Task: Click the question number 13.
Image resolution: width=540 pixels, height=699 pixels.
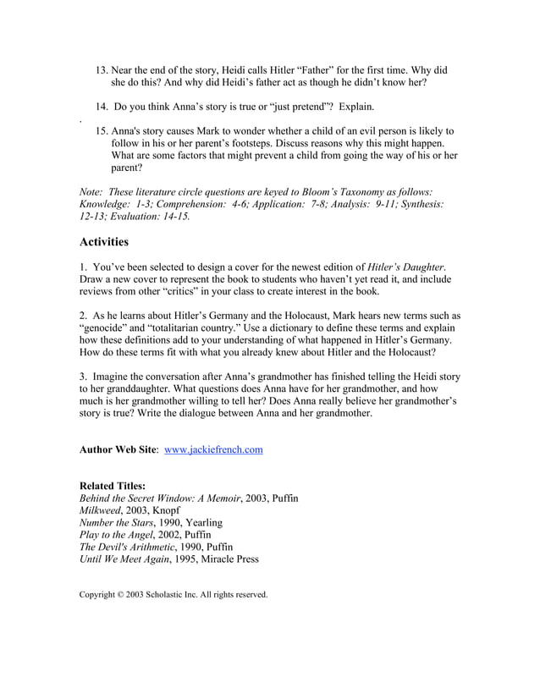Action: tap(101, 70)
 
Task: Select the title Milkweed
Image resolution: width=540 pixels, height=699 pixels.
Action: tap(100, 511)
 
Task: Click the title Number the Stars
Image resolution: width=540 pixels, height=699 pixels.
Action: tap(116, 523)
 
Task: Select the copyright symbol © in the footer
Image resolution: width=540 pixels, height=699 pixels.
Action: tap(123, 595)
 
